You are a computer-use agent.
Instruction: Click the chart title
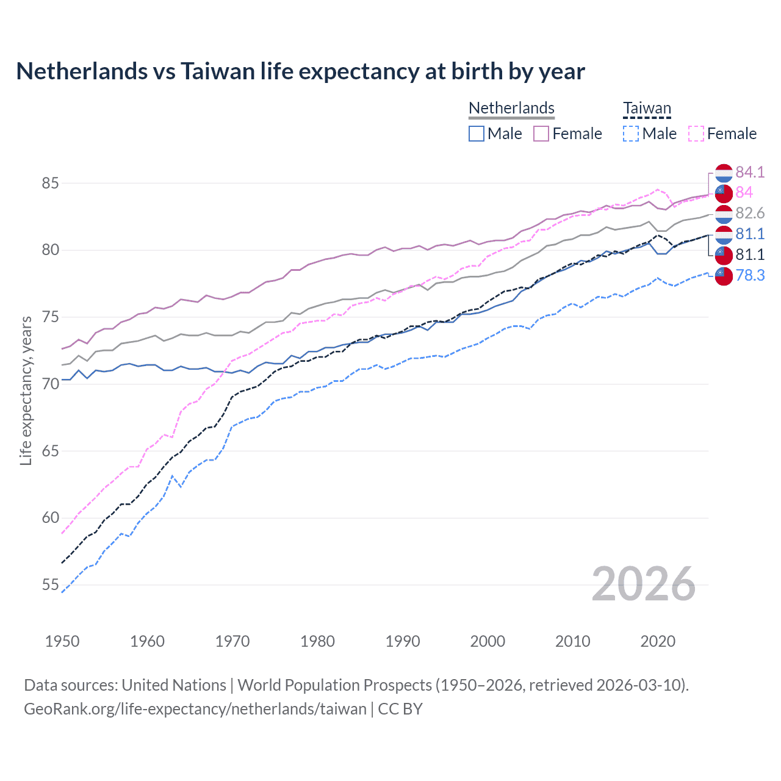point(300,71)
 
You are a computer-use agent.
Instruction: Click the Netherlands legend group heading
point(511,108)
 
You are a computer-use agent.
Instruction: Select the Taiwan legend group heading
point(647,109)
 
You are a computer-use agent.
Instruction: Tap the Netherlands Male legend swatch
point(477,134)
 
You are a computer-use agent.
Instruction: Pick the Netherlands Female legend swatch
point(541,134)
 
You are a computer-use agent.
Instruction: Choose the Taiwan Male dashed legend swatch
point(631,134)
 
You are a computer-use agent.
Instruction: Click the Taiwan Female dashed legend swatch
point(696,134)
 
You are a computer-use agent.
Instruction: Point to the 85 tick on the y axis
point(50,183)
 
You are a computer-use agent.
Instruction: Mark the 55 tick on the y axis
point(50,585)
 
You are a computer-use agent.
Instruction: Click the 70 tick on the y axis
point(50,384)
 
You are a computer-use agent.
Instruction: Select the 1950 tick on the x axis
point(62,641)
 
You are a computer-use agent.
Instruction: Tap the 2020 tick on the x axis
point(658,641)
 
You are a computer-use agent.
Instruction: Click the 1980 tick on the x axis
point(317,641)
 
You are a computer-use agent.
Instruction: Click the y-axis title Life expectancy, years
point(26,390)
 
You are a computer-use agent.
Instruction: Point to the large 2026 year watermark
point(643,584)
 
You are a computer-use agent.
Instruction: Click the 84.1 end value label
point(750,172)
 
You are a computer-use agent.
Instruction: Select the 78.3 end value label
point(750,275)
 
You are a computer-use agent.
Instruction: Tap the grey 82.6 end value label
point(750,213)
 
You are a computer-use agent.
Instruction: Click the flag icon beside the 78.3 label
point(724,276)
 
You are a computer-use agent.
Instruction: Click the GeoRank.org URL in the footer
point(195,709)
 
